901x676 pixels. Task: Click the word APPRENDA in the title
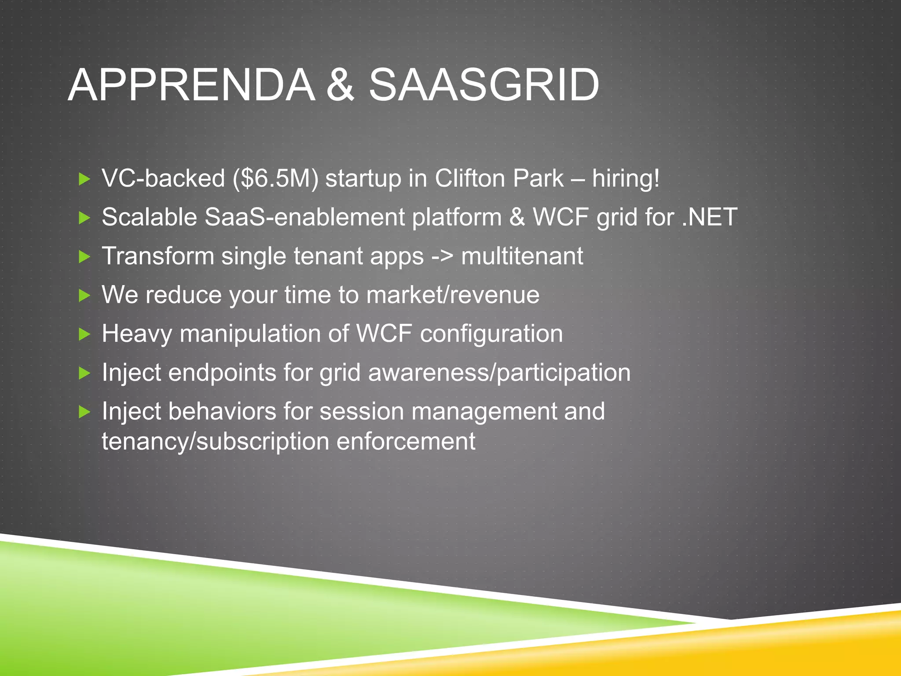pyautogui.click(x=191, y=85)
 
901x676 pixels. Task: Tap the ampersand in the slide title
pyautogui.click(x=340, y=85)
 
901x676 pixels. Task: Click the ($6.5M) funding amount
pyautogui.click(x=275, y=179)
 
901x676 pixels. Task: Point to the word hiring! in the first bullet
pyautogui.click(x=626, y=179)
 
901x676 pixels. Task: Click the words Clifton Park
pyautogui.click(x=499, y=179)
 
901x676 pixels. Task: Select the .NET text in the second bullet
pyautogui.click(x=709, y=217)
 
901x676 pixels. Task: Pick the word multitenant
pyautogui.click(x=522, y=257)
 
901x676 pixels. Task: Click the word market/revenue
pyautogui.click(x=453, y=295)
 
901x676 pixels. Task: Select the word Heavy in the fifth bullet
pyautogui.click(x=137, y=334)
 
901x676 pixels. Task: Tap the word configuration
pyautogui.click(x=491, y=334)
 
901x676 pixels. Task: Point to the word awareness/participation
pyautogui.click(x=499, y=373)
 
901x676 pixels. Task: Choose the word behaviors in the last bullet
pyautogui.click(x=222, y=411)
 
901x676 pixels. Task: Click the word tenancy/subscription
pyautogui.click(x=215, y=441)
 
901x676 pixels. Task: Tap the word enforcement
pyautogui.click(x=406, y=441)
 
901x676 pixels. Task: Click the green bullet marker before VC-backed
pyautogui.click(x=84, y=179)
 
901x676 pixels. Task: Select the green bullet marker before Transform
pyautogui.click(x=84, y=257)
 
